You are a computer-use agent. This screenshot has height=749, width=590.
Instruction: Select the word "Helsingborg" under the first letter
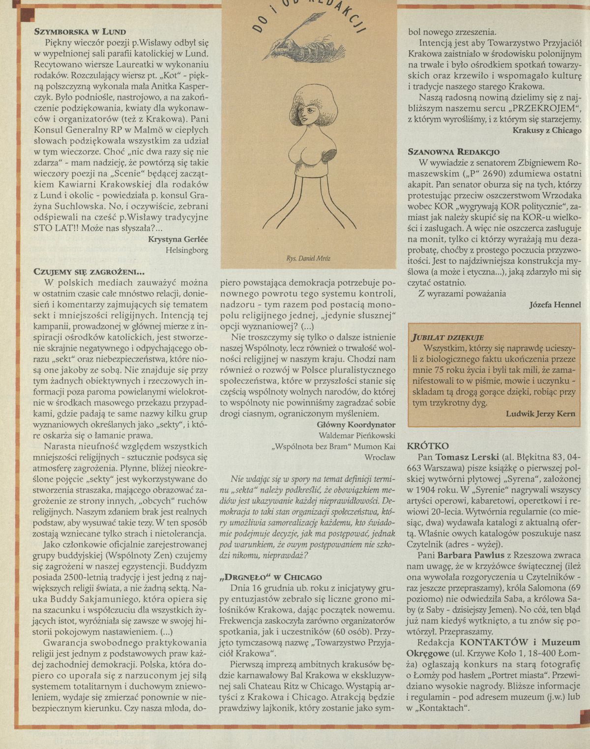(x=187, y=250)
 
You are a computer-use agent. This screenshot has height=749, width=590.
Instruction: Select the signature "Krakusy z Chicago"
(x=547, y=131)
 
